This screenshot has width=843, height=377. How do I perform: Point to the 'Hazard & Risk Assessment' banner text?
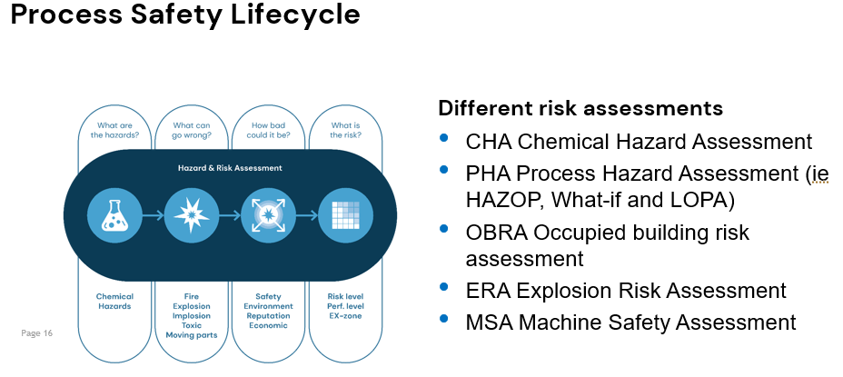[231, 168]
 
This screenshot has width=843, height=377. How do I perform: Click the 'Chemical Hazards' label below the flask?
[114, 302]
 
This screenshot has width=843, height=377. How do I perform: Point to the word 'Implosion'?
[192, 316]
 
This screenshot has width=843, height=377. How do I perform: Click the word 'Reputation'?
[270, 316]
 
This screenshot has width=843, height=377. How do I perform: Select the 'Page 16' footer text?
[37, 333]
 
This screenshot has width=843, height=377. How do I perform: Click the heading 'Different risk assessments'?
[580, 108]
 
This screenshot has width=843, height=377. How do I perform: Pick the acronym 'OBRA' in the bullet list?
[496, 232]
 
